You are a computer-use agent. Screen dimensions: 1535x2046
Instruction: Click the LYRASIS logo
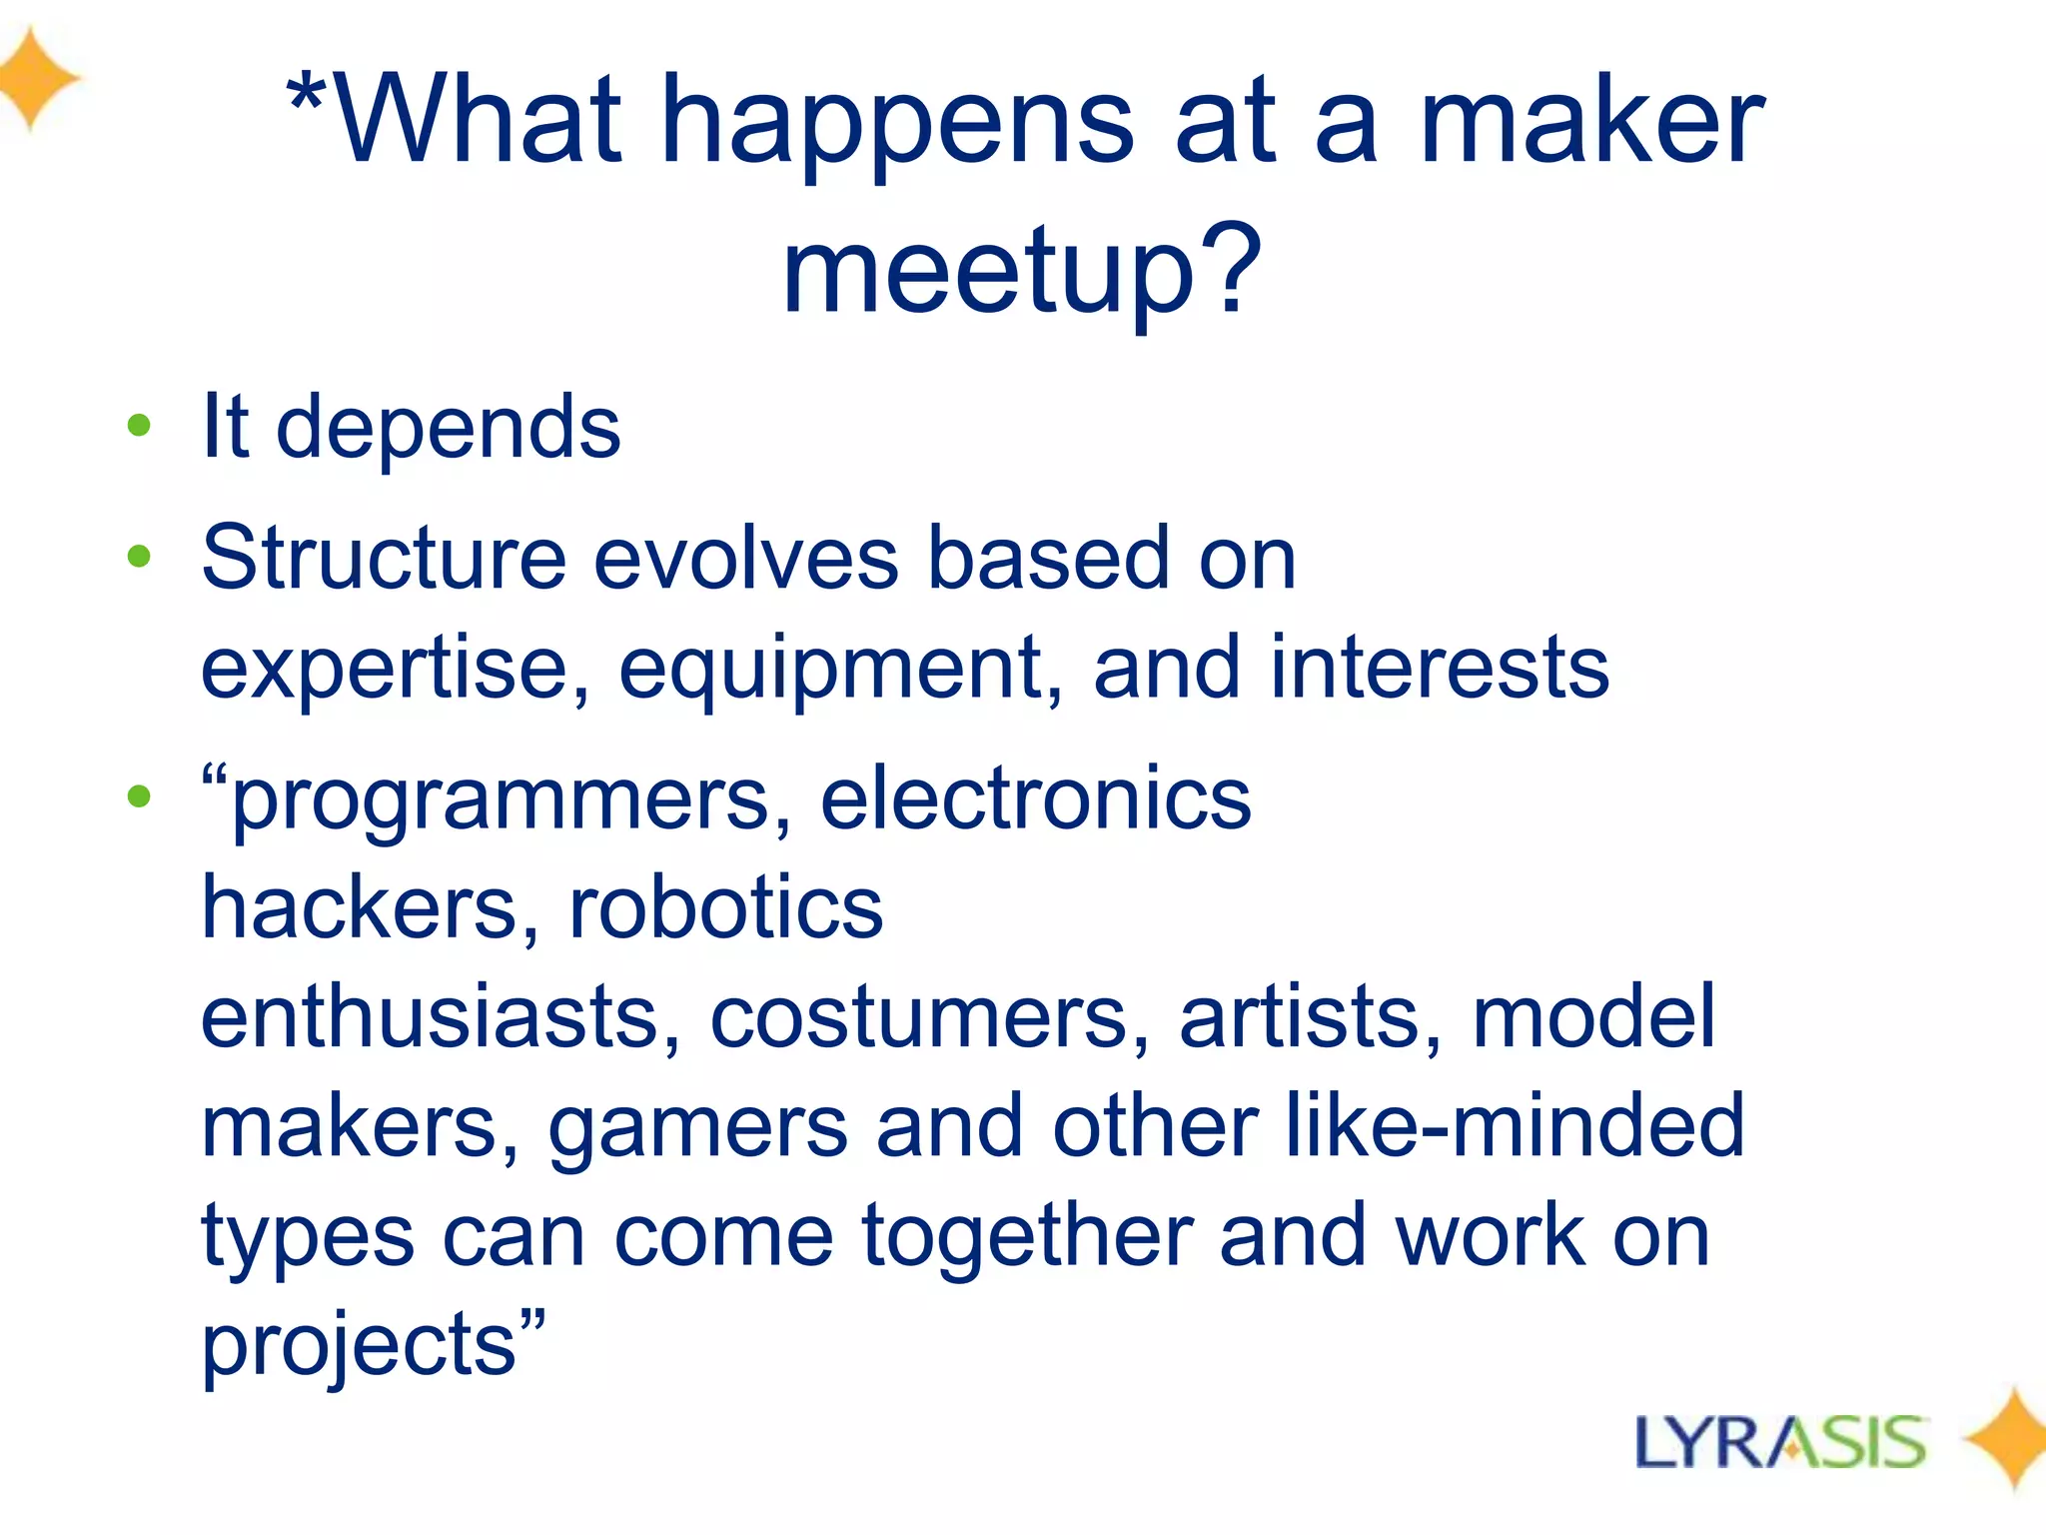pyautogui.click(x=1780, y=1442)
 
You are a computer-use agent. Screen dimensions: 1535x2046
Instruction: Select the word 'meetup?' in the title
pyautogui.click(x=1022, y=272)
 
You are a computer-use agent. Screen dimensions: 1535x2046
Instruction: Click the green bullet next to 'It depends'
pyautogui.click(x=139, y=426)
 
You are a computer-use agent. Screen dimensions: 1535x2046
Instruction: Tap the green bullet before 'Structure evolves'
pyautogui.click(x=139, y=556)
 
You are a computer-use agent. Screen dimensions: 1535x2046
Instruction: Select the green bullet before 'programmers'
pyautogui.click(x=139, y=796)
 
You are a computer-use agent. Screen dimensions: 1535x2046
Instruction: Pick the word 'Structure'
pyautogui.click(x=384, y=557)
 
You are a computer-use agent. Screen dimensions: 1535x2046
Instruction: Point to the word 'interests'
pyautogui.click(x=1439, y=667)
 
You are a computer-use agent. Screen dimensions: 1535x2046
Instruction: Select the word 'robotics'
pyautogui.click(x=726, y=907)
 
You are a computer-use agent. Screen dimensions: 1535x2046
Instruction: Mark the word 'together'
pyautogui.click(x=1027, y=1236)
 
